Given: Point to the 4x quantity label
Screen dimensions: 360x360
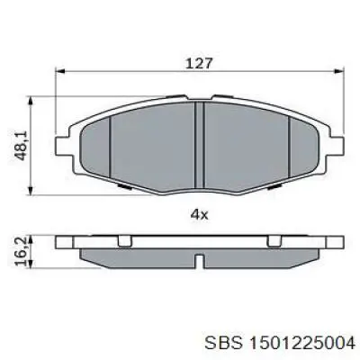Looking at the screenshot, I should pyautogui.click(x=199, y=214).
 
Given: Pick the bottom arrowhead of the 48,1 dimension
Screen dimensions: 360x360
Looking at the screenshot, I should pyautogui.click(x=33, y=191).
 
